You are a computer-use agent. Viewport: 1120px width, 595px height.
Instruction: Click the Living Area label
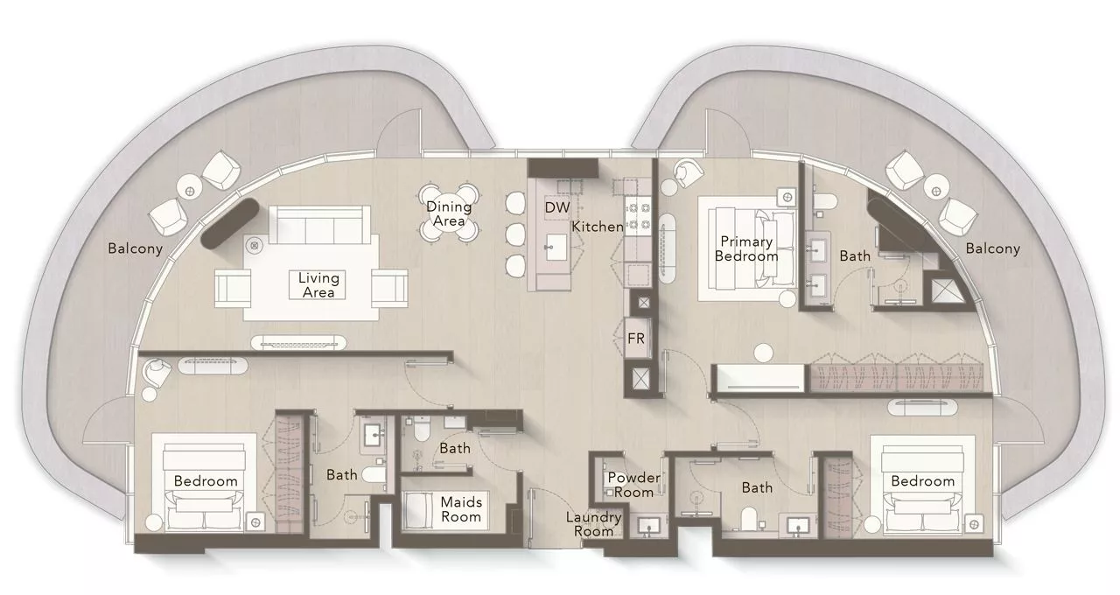(318, 285)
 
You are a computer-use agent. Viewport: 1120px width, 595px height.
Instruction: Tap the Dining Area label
(449, 213)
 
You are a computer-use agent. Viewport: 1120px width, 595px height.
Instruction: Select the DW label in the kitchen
(557, 207)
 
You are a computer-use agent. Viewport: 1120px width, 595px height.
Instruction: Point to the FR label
(636, 339)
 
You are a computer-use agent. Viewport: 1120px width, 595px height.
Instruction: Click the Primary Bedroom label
(746, 249)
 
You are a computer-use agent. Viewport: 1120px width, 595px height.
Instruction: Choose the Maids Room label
(461, 509)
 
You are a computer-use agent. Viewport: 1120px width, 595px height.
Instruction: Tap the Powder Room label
(633, 485)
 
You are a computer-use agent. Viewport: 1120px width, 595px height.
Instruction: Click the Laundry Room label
(593, 524)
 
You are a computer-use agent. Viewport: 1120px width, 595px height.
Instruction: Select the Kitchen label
(598, 227)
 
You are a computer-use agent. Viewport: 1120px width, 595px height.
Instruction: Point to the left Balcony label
(136, 248)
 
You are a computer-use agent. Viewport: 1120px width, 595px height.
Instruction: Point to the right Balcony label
(992, 248)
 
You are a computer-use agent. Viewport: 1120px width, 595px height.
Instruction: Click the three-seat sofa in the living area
(320, 225)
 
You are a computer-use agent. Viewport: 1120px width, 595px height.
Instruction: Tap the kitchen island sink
(556, 247)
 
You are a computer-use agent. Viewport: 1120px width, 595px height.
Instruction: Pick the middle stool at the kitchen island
(515, 234)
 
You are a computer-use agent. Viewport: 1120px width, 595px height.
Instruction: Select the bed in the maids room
(418, 510)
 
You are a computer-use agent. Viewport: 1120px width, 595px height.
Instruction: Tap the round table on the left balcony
(190, 191)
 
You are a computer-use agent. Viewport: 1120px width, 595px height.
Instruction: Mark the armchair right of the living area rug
(389, 288)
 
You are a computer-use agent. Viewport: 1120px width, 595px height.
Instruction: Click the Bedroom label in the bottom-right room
(922, 481)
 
